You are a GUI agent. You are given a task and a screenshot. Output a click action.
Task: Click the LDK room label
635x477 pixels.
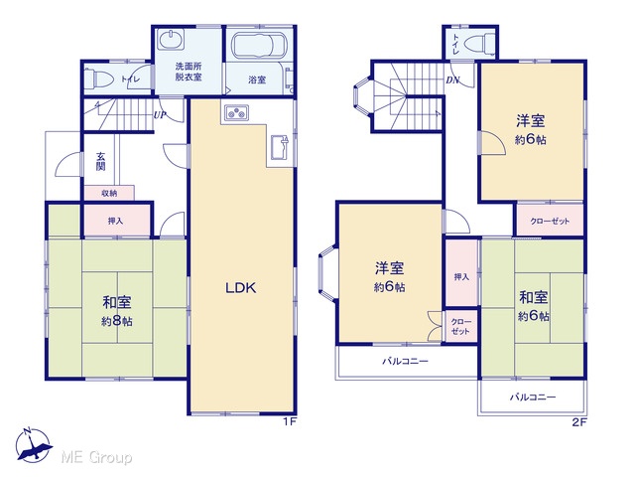[240, 287]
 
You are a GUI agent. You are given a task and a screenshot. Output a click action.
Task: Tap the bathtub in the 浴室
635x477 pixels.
[259, 46]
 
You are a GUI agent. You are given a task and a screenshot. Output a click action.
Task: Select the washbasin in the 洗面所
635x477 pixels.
[171, 40]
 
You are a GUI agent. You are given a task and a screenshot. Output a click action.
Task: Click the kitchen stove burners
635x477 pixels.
[236, 112]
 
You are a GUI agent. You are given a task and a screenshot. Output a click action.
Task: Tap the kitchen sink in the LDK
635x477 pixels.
[280, 148]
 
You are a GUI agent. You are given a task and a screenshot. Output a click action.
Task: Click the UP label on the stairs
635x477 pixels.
[159, 115]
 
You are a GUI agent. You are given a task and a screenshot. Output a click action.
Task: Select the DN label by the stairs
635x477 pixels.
[452, 79]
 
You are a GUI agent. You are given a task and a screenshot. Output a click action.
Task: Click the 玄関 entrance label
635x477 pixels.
[101, 161]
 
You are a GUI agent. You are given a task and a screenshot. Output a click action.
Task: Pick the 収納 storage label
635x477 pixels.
[109, 193]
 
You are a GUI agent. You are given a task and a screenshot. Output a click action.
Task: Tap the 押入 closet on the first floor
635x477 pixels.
[115, 221]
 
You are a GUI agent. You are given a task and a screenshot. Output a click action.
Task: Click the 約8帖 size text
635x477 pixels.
[117, 321]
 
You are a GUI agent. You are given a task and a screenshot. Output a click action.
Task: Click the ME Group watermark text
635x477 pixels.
[96, 457]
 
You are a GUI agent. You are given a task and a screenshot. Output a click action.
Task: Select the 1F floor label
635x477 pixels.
[290, 421]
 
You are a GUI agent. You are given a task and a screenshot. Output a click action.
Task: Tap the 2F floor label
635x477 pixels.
[579, 422]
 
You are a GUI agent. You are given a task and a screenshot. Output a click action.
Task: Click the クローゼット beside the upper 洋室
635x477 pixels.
[550, 221]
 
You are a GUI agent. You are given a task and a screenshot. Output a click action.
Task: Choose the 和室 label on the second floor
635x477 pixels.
[534, 297]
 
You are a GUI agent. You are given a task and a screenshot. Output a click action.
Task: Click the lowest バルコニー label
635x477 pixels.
[533, 397]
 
